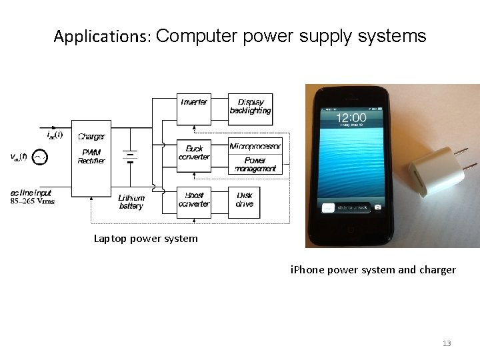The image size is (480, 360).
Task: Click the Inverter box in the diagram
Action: point(194,108)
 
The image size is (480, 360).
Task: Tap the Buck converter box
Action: point(194,154)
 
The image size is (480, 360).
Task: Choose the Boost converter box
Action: point(194,200)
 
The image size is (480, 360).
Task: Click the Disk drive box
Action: point(245,200)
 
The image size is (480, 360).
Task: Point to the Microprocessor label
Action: point(255,146)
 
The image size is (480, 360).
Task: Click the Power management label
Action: point(255,165)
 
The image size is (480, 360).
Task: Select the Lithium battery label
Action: point(131,202)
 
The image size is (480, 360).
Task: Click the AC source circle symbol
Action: point(41,158)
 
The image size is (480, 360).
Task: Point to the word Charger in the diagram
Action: point(91,137)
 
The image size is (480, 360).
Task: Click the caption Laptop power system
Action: point(145,238)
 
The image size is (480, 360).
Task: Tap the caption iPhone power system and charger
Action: point(373,270)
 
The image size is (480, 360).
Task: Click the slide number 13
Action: point(447,343)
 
